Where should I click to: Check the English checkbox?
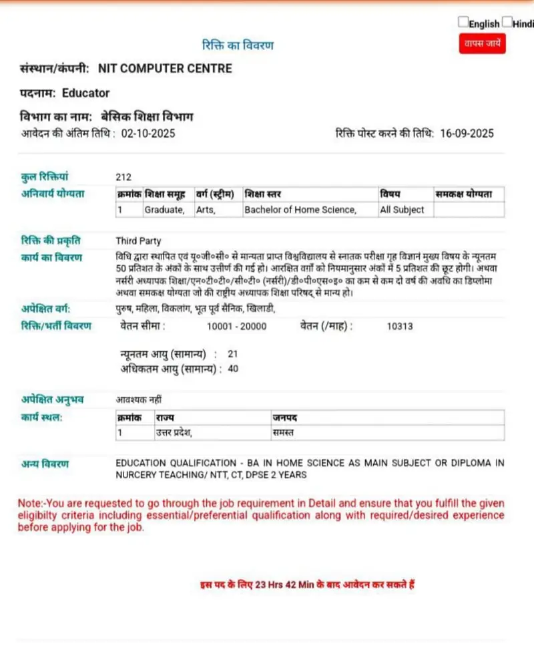(463, 22)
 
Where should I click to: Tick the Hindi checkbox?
(507, 22)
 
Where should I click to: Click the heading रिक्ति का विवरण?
(238, 45)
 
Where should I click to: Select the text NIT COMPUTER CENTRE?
(165, 68)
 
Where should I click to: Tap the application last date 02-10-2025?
(148, 134)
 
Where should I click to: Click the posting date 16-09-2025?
(467, 134)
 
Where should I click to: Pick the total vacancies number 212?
(123, 177)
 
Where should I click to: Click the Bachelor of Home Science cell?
(300, 210)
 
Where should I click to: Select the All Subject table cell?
(402, 210)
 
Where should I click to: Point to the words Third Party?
(138, 241)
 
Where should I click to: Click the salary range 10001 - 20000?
(237, 327)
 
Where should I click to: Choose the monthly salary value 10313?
(400, 327)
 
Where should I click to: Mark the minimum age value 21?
(232, 353)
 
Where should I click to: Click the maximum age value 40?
(233, 368)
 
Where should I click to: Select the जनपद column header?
(284, 417)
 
